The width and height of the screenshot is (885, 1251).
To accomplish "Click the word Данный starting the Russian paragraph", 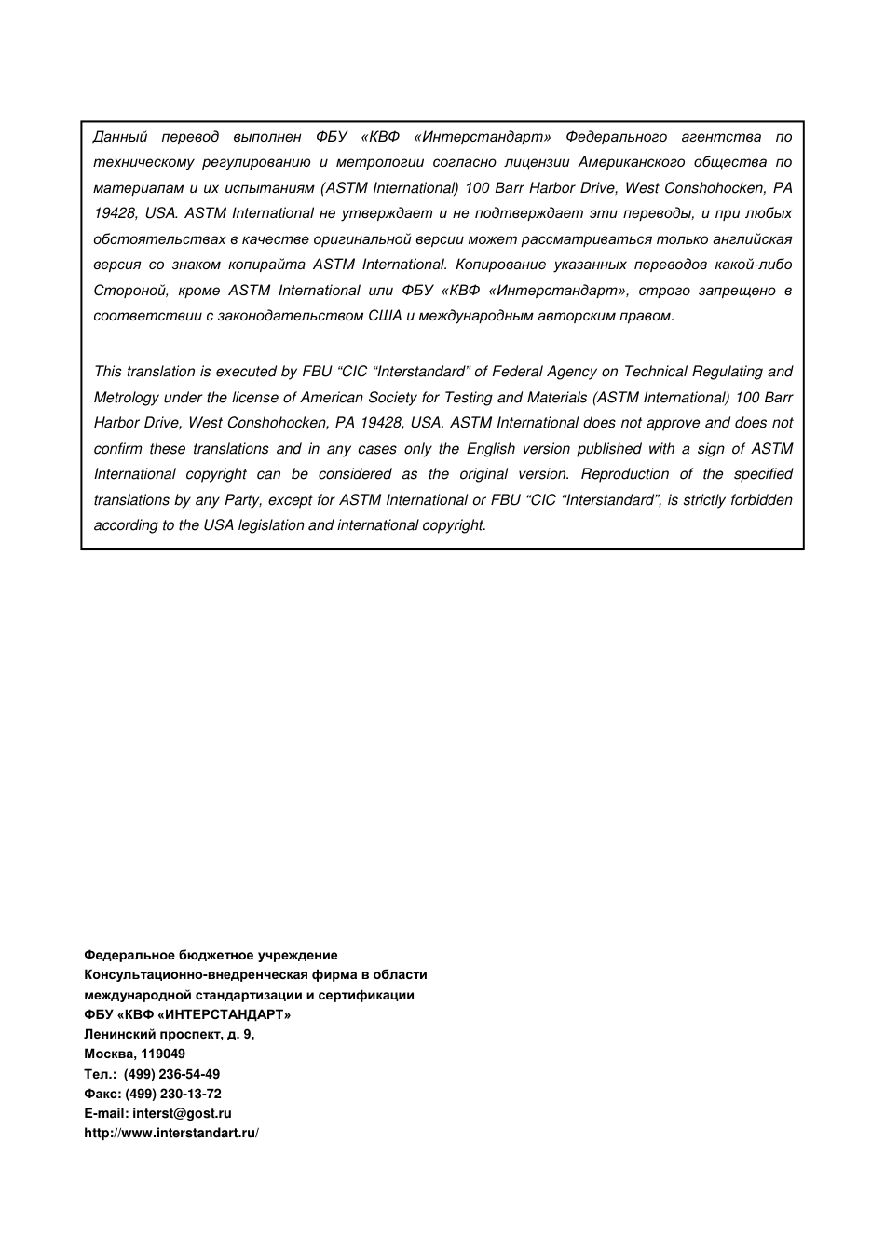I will tap(120, 137).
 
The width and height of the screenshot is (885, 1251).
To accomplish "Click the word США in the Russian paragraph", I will tap(385, 316).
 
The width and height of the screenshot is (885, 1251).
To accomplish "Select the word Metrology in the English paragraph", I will tap(126, 398).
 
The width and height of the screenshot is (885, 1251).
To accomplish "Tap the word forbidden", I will tap(761, 500).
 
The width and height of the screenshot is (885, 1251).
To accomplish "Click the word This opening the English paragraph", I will tap(108, 372).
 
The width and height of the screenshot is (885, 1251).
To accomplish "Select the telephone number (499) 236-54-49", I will tap(171, 1074).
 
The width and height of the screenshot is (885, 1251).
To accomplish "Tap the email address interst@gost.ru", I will tap(182, 1113).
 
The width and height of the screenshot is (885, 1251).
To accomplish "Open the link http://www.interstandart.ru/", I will tap(171, 1133).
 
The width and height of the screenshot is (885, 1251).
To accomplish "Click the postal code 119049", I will tap(162, 1054).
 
